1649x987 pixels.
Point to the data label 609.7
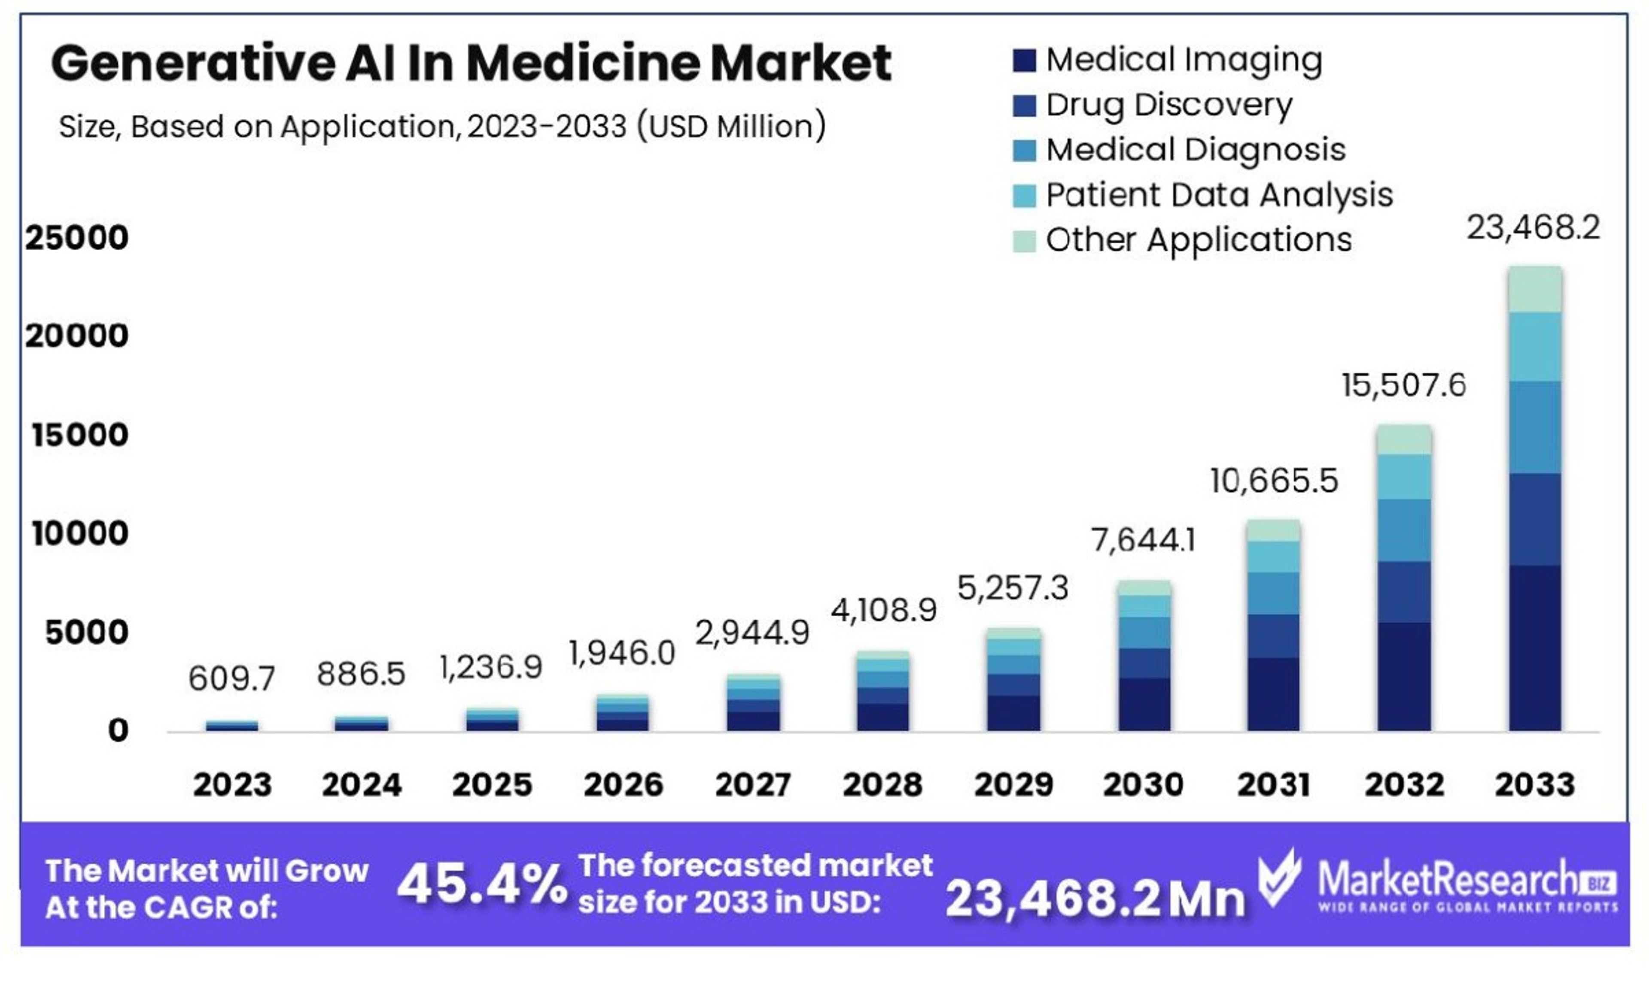(x=231, y=678)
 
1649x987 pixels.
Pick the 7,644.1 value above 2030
(x=1143, y=539)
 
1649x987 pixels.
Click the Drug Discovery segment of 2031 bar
(x=1272, y=636)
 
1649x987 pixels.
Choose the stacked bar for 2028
(x=882, y=692)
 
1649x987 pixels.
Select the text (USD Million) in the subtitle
(x=731, y=126)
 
